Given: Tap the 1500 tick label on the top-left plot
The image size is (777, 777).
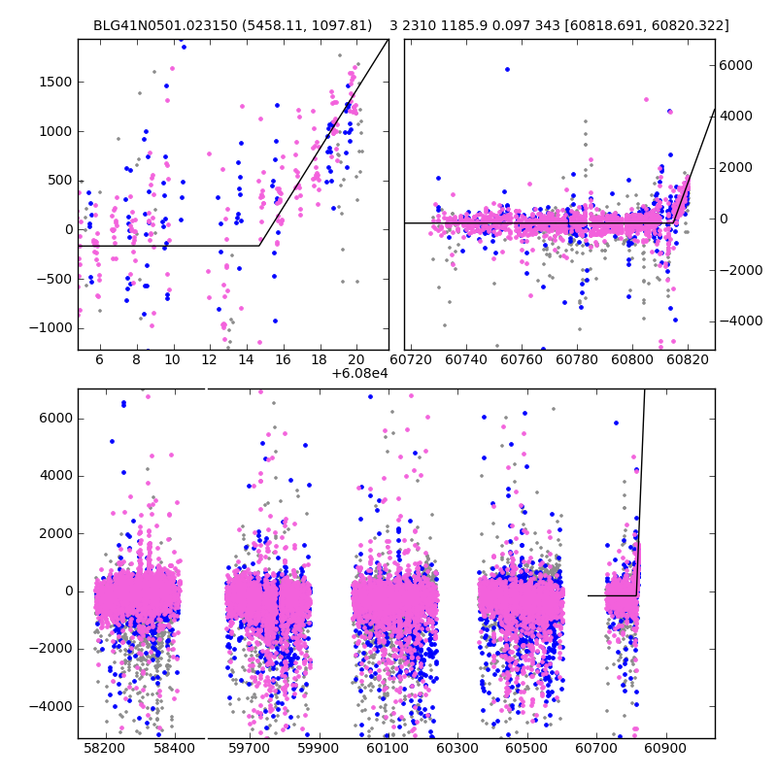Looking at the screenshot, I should (x=55, y=82).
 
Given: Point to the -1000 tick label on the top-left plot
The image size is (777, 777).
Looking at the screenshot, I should (x=52, y=328).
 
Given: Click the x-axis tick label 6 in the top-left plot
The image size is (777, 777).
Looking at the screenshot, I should (x=99, y=359).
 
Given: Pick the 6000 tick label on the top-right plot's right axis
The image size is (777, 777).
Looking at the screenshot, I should (x=735, y=65).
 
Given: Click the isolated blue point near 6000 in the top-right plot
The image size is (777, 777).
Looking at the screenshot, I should (x=507, y=69).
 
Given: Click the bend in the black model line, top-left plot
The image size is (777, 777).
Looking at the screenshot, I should (x=259, y=246).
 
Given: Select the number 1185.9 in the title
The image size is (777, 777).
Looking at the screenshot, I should (x=467, y=25).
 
